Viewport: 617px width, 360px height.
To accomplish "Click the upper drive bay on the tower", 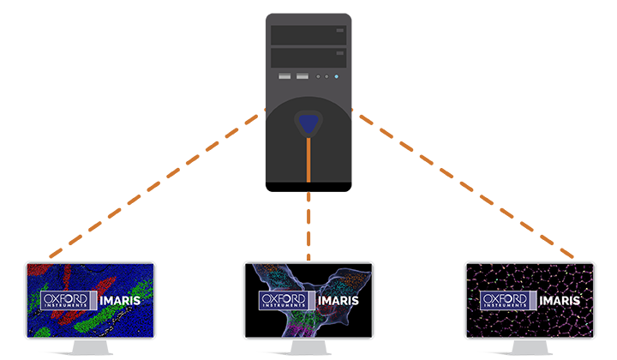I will click(x=308, y=35).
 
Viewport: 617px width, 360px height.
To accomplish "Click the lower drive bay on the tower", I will click(x=308, y=57).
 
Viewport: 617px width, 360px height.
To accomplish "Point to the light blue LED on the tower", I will click(x=337, y=77).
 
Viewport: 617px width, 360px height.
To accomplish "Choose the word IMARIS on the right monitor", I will click(x=560, y=301).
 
